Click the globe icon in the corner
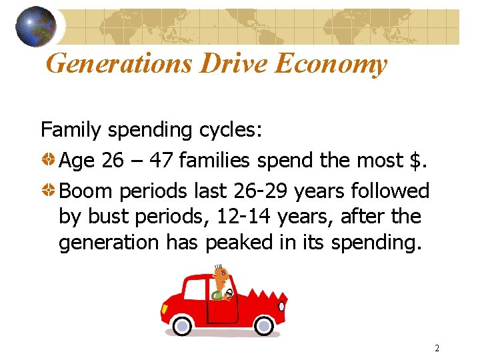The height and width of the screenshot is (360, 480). pos(35,27)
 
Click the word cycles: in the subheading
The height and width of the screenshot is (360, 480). pos(229,130)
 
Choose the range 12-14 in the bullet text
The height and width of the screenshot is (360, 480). pos(248,217)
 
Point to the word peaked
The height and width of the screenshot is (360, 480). pos(234,242)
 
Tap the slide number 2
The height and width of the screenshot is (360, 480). pos(437,348)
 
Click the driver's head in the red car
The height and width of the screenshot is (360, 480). pos(223,276)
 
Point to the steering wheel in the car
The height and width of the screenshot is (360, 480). pos(229,293)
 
